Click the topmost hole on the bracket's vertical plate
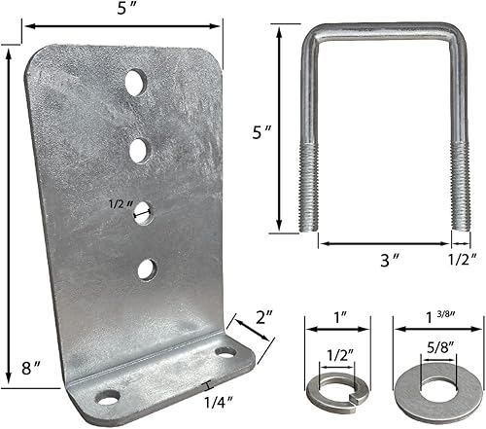[135, 82]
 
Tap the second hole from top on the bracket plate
[139, 149]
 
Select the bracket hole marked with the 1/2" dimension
[143, 212]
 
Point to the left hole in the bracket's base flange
[108, 396]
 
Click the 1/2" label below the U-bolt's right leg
[461, 260]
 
